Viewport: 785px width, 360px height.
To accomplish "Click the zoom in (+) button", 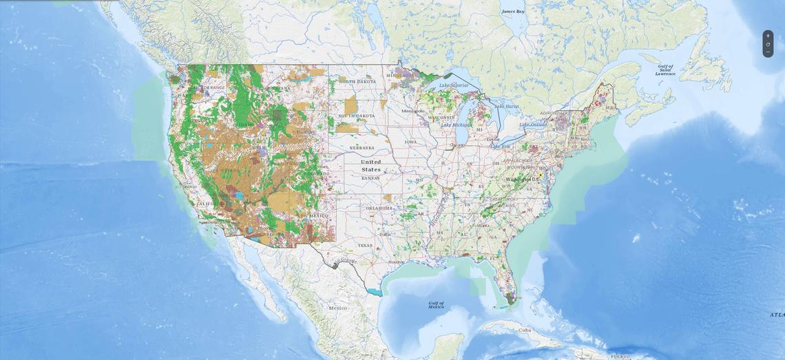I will click(768, 36).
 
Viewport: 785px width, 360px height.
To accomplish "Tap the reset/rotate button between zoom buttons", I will click(768, 44).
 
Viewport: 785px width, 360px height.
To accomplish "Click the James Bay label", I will click(512, 12).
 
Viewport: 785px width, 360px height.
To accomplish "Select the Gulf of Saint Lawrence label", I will click(665, 70).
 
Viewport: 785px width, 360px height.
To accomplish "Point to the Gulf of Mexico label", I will click(436, 304).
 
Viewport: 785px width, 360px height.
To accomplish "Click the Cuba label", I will click(525, 330).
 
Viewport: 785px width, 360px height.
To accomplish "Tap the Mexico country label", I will click(338, 308).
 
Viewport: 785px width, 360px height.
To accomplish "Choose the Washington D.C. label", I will click(523, 180).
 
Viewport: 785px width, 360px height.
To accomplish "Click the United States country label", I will click(370, 166).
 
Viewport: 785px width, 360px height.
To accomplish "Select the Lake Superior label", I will click(454, 85).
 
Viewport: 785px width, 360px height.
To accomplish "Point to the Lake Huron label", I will click(507, 106).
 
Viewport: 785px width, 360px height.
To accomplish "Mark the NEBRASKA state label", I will click(362, 147).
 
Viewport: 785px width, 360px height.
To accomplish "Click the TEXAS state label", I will click(364, 245).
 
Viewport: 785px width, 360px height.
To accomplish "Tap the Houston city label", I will click(397, 262).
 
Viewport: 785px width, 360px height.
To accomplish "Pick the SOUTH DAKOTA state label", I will click(356, 116).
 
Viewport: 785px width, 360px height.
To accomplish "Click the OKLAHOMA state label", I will click(379, 208).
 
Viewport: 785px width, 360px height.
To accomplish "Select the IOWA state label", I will click(410, 142).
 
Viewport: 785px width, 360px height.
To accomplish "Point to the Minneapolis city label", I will click(413, 111).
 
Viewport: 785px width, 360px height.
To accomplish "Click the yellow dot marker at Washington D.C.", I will click(541, 176).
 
